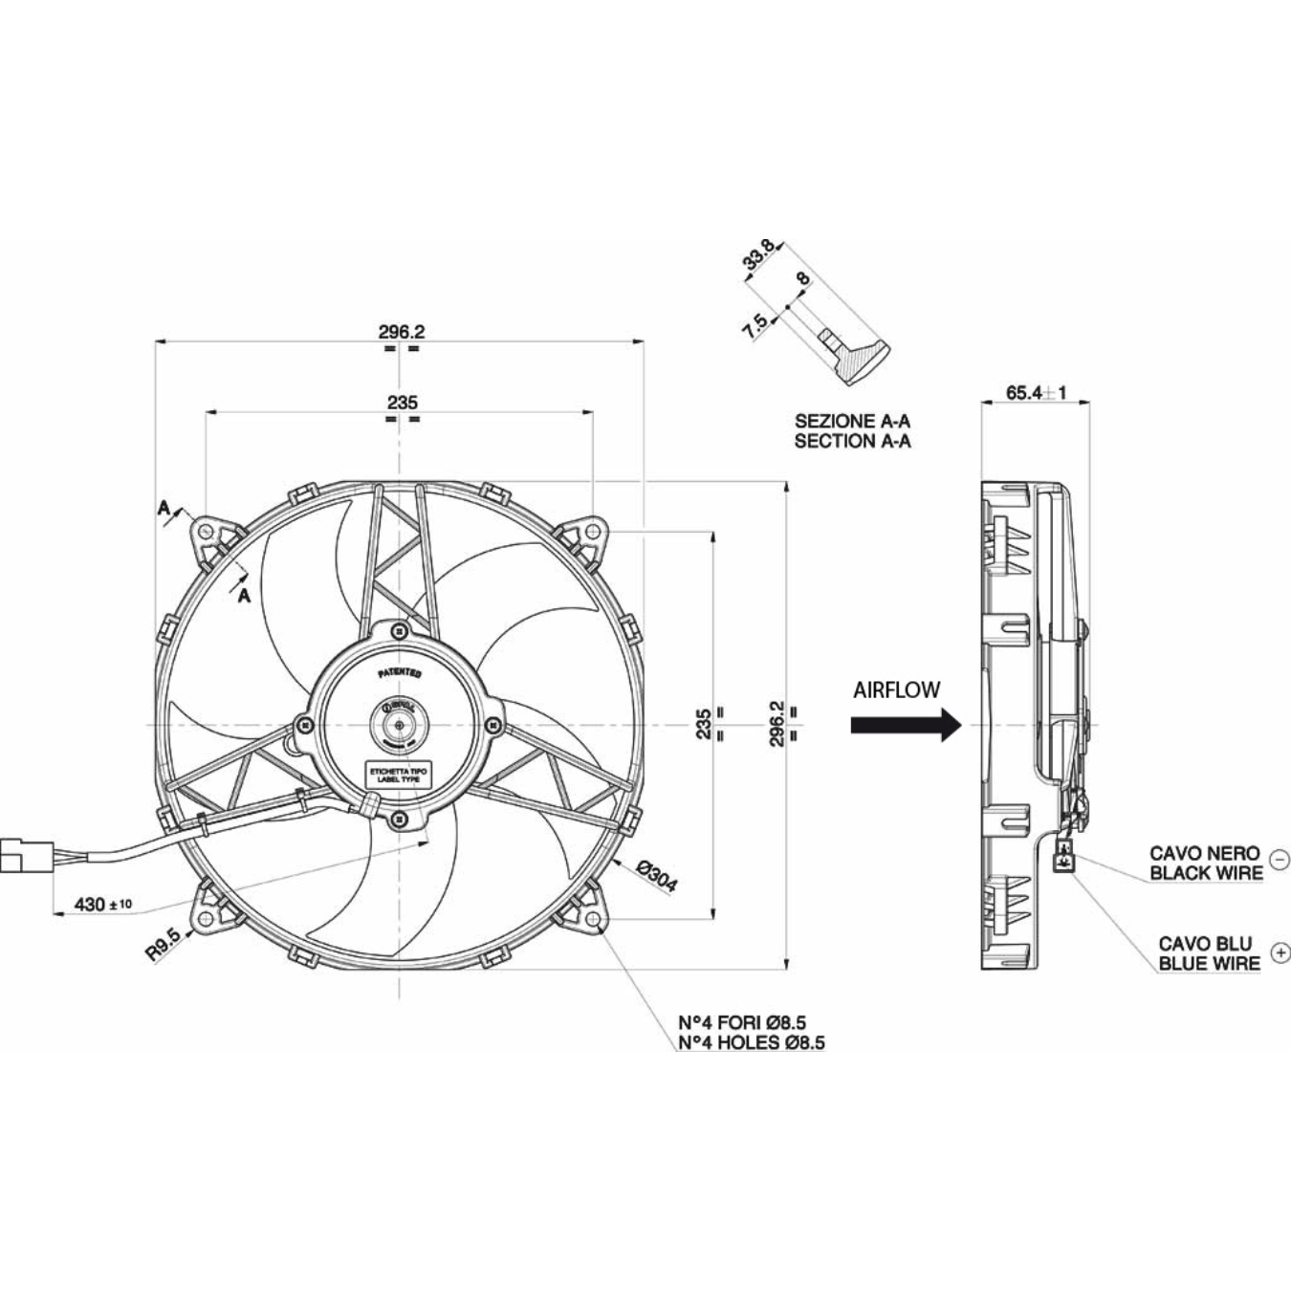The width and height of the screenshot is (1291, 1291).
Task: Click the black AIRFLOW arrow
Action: click(905, 724)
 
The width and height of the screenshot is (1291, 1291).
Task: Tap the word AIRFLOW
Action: click(896, 689)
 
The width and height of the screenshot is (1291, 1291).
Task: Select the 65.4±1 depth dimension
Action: click(1036, 392)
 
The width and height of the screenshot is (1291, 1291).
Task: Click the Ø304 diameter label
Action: click(656, 876)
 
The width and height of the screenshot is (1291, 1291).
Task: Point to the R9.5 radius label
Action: click(164, 946)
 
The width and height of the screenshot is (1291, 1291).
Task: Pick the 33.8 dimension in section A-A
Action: click(760, 257)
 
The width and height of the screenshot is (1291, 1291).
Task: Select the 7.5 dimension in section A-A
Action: click(755, 326)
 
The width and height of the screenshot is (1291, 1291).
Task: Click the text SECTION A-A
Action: click(852, 441)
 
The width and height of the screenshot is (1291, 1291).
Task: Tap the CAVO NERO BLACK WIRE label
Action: click(1205, 863)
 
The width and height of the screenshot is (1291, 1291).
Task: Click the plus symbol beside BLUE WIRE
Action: click(1280, 953)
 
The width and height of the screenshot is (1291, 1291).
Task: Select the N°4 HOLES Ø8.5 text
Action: click(751, 1042)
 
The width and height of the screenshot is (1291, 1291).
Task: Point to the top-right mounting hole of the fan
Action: click(594, 530)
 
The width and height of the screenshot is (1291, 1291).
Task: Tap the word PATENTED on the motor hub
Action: click(399, 673)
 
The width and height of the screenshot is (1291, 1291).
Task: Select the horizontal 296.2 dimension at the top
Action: click(401, 332)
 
